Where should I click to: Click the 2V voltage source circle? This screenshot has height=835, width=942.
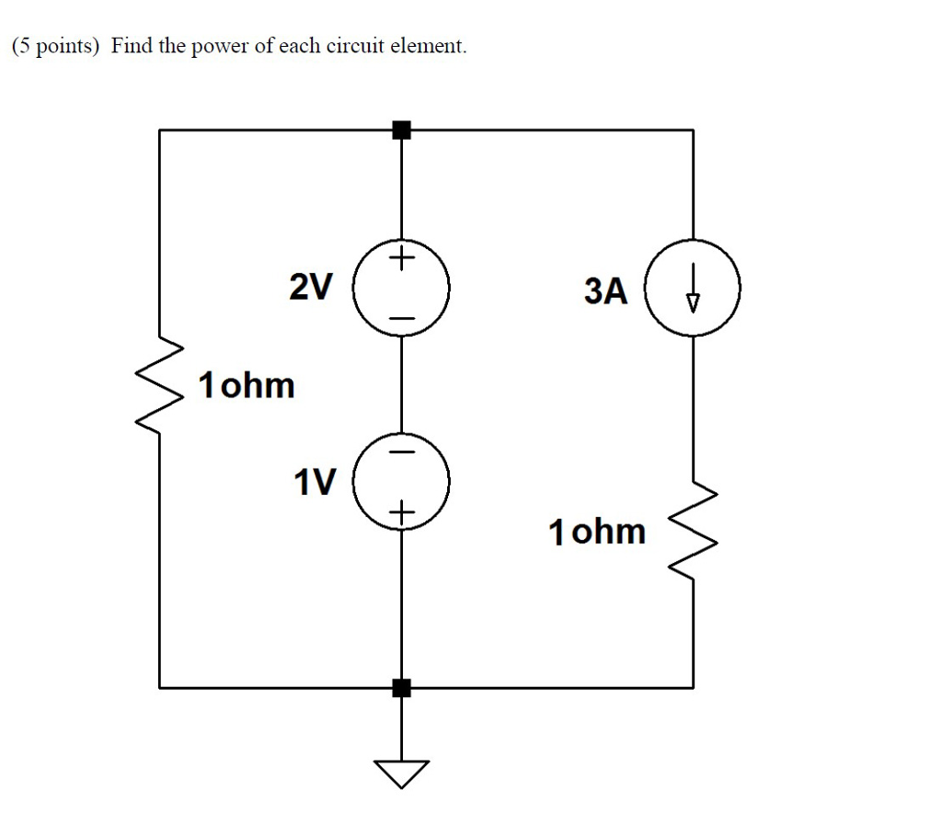pos(402,289)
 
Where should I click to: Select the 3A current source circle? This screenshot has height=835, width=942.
pos(693,292)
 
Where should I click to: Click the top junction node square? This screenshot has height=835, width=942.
pos(401,130)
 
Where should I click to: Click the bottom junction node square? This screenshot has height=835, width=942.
pos(401,687)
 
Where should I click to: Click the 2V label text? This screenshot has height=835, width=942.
pos(310,289)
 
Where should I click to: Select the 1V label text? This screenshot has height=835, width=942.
pos(315,481)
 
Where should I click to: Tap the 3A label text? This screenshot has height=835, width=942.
pos(605,292)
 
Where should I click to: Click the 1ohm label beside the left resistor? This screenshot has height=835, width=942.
pos(247,385)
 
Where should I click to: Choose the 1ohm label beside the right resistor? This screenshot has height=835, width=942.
pos(597,532)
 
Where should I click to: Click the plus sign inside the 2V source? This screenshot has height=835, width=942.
pos(402,260)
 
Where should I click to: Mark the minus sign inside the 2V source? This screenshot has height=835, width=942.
pos(402,318)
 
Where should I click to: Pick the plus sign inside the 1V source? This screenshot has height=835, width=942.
pos(402,511)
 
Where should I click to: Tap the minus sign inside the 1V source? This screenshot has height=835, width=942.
pos(402,452)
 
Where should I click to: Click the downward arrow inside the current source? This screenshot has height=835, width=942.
pos(693,293)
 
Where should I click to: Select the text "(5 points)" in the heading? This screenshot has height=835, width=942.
pos(54,47)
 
